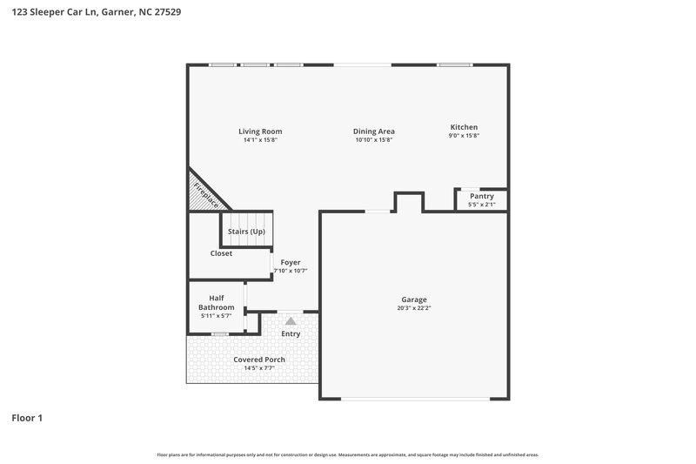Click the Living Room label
[260, 131]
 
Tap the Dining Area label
[374, 131]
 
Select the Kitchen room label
[464, 127]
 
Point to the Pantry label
[481, 197]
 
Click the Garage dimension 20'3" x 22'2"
[413, 308]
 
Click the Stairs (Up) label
[246, 232]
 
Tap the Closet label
[221, 253]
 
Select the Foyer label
[291, 262]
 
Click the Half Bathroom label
[217, 302]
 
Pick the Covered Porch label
[259, 360]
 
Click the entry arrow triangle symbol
[291, 321]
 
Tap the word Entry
[291, 333]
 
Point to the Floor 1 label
[27, 418]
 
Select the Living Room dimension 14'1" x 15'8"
[260, 140]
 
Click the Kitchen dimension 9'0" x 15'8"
[464, 136]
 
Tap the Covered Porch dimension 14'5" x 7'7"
[259, 368]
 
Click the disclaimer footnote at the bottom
[348, 454]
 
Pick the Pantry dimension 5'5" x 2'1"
[481, 205]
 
